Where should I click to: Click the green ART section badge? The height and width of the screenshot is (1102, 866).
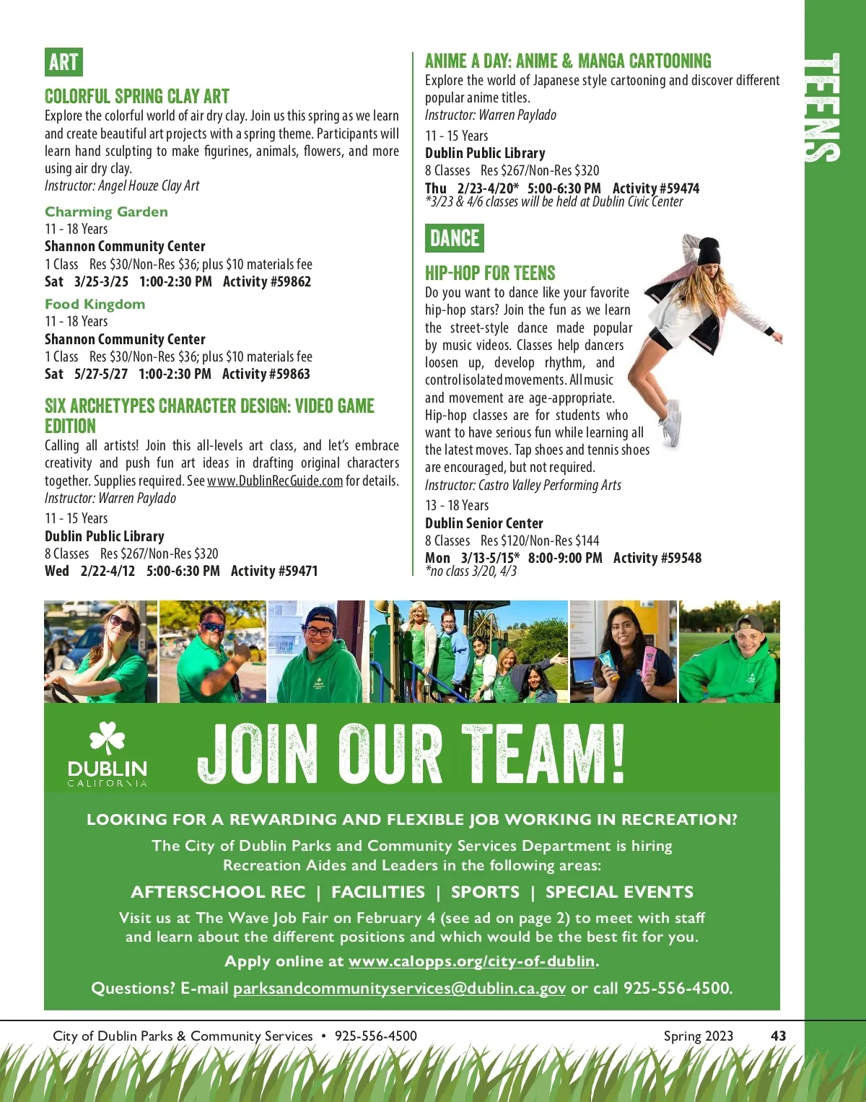[x=64, y=62]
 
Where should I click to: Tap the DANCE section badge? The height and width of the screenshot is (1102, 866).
[x=454, y=238]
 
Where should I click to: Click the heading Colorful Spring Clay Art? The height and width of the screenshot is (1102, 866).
[x=137, y=97]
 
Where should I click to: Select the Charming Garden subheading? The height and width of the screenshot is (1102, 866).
[x=106, y=211]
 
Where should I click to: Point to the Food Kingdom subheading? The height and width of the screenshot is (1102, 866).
[x=95, y=304]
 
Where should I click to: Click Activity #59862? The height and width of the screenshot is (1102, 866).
[x=266, y=281]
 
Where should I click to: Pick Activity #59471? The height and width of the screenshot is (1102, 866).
[x=274, y=571]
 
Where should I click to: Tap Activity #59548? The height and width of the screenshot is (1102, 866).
[x=657, y=558]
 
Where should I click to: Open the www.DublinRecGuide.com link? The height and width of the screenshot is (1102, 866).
[x=275, y=481]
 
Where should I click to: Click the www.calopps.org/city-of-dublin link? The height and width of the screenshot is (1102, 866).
[x=472, y=961]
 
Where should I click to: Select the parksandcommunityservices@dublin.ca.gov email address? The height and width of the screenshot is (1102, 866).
[x=399, y=988]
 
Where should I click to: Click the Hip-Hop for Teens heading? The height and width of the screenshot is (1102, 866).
[x=490, y=273]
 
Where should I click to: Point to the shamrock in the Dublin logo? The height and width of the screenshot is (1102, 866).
[x=107, y=740]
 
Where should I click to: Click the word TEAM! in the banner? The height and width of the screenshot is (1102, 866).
[x=543, y=754]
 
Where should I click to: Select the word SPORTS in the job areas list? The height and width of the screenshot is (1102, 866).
[x=485, y=892]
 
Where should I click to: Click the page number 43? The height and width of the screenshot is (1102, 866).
[x=778, y=1036]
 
